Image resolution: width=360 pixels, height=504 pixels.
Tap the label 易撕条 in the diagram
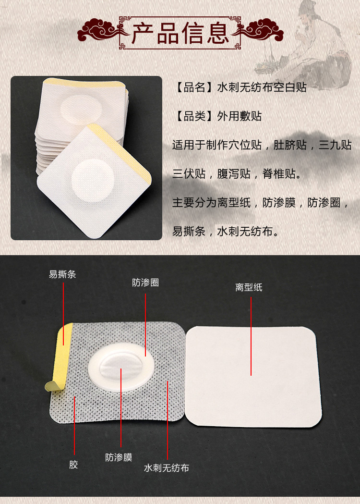coord(62,274)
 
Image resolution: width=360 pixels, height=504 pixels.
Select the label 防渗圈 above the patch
coord(145,283)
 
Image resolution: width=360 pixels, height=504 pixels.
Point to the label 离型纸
coord(249,287)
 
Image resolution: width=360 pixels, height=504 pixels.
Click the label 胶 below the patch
coord(73,464)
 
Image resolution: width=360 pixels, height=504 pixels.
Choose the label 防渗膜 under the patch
coord(119,457)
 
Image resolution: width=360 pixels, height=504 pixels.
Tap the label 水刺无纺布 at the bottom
coord(166,467)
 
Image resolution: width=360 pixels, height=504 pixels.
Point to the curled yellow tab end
coord(50,384)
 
